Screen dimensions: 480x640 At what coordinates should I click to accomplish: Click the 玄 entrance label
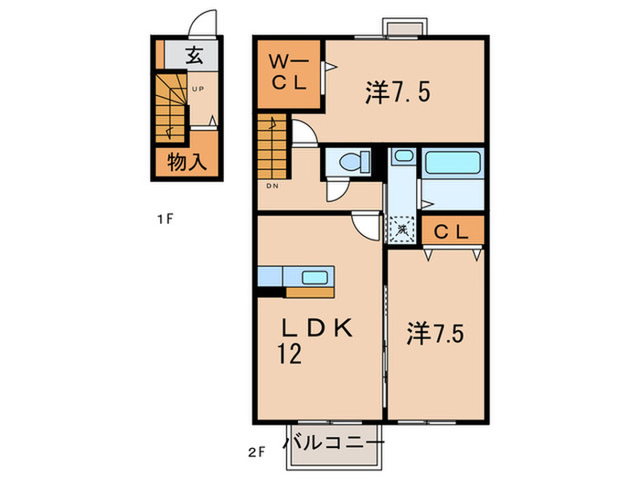[194, 56]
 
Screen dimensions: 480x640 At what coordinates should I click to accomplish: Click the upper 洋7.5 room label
[398, 91]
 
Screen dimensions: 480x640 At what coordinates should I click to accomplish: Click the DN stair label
[272, 186]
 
